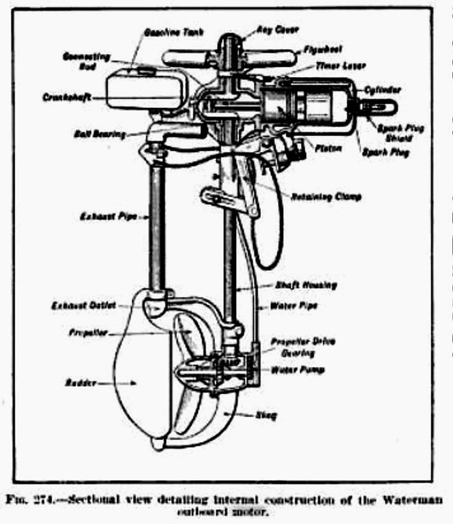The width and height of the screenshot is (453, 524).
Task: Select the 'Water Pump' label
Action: click(299, 370)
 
